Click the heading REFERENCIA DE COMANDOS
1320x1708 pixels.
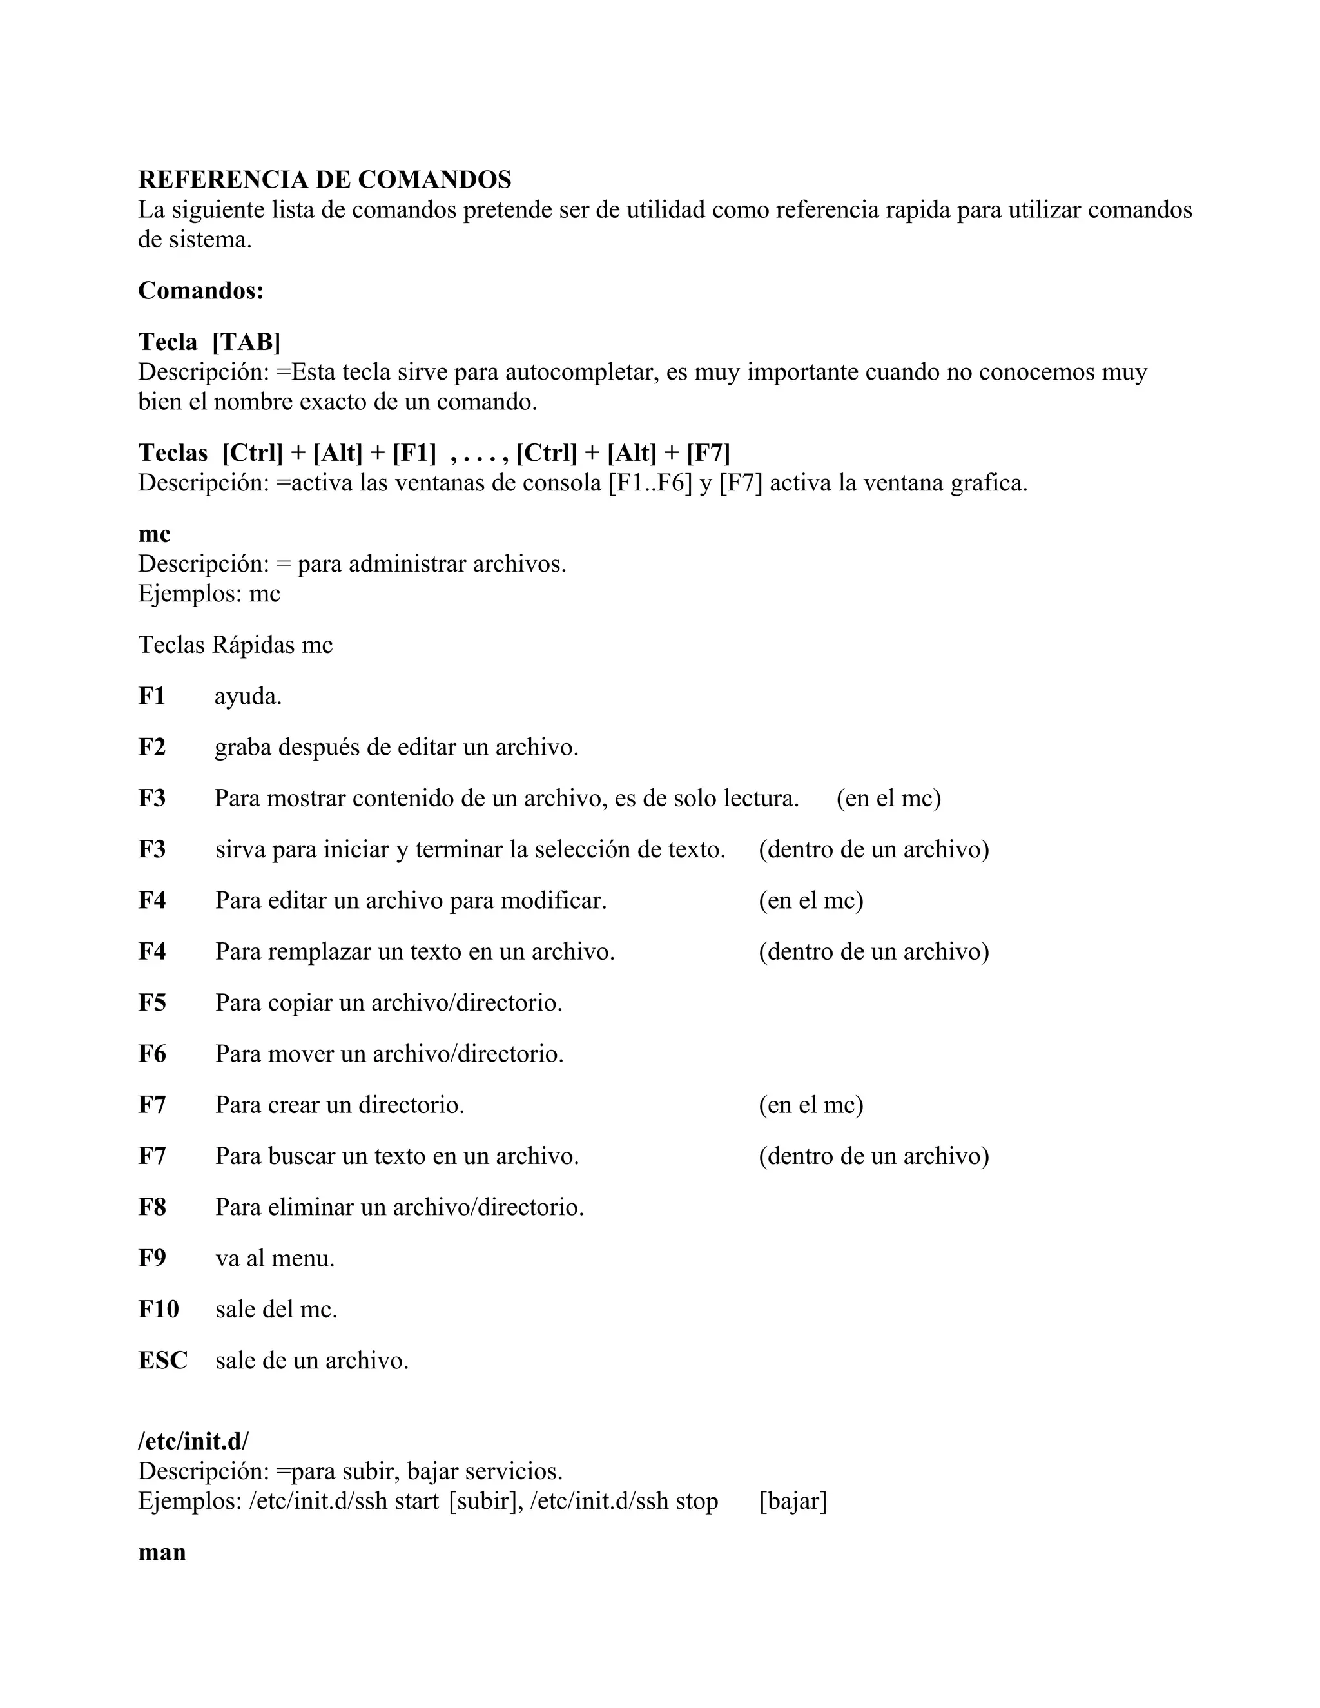[x=325, y=180]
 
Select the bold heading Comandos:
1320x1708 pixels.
[x=201, y=291]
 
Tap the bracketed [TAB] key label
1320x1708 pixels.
[x=246, y=342]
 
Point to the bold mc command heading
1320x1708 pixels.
[x=154, y=534]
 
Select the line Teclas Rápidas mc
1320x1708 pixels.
[x=235, y=645]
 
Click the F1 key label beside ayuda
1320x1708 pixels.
[x=151, y=696]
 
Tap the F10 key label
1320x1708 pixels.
[x=158, y=1309]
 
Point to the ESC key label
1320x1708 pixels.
[x=162, y=1361]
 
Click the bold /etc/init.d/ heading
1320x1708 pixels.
[x=193, y=1441]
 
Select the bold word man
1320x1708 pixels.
[x=162, y=1553]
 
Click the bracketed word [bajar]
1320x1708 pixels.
[x=792, y=1502]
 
